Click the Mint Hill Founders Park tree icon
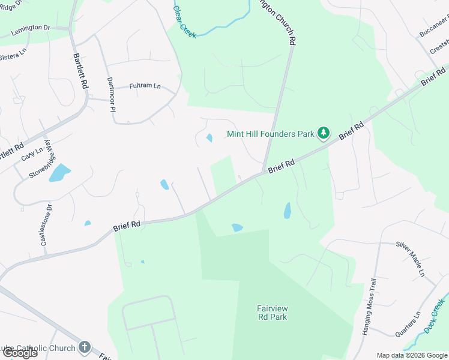point(324,133)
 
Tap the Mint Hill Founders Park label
point(271,134)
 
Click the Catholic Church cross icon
point(85,347)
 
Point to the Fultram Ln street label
point(145,86)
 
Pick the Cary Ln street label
point(28,155)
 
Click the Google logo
point(20,352)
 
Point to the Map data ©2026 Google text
point(411,355)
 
